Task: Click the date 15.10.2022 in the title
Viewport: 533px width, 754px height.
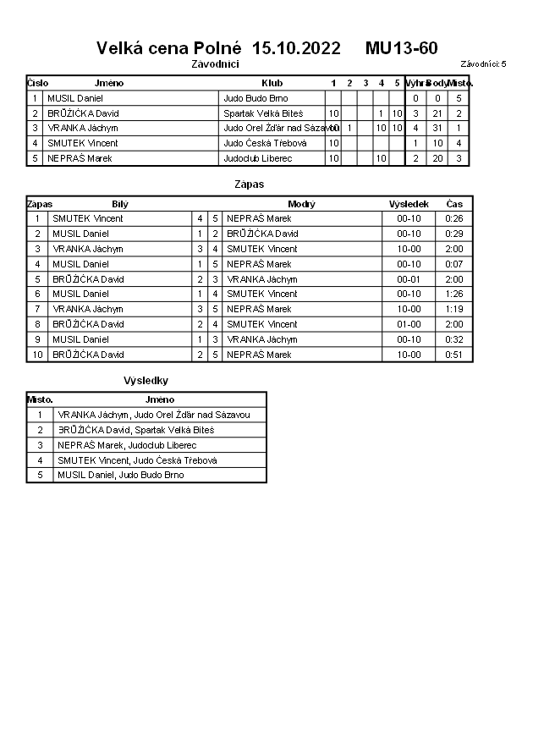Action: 296,48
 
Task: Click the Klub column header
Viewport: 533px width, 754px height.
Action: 272,83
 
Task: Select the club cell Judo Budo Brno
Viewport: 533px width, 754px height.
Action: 256,98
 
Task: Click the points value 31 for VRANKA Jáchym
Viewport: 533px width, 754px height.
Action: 437,128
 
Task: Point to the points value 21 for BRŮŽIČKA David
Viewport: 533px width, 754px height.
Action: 437,113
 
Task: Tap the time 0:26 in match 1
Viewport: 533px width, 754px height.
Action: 454,218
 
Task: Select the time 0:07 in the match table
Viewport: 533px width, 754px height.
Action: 454,264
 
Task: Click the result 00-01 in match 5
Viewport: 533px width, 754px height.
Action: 409,279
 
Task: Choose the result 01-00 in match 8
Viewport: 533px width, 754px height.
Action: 409,324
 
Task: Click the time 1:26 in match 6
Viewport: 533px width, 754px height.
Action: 454,294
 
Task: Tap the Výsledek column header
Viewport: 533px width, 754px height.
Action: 409,204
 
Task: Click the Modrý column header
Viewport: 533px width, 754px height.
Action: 301,204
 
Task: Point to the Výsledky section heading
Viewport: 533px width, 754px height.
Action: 146,381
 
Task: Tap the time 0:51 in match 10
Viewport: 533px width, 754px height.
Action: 454,355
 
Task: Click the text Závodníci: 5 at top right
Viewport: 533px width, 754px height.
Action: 483,63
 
